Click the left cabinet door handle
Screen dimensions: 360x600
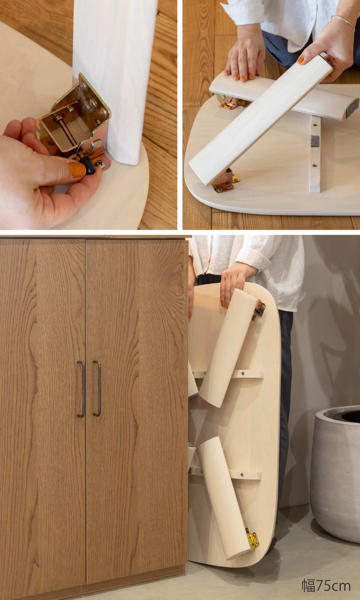(x=81, y=389)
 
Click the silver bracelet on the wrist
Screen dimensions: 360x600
(x=344, y=22)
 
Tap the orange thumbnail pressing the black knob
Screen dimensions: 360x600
(x=77, y=169)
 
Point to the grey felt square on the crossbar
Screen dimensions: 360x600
(x=315, y=141)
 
